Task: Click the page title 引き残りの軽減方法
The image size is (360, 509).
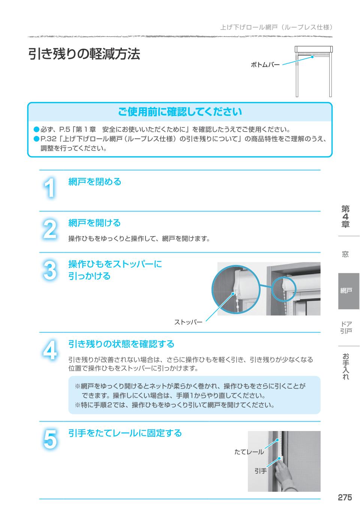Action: pos(84,54)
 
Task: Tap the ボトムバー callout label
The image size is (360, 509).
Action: pos(265,65)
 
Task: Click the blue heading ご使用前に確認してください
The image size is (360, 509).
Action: pos(180,112)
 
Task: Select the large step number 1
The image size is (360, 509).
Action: pos(49,187)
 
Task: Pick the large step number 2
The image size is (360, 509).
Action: pos(49,229)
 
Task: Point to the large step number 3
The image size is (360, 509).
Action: pos(49,270)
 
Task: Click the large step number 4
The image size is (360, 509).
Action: pos(49,350)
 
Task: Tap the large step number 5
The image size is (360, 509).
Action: pos(50,439)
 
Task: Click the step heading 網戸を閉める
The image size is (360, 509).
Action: pos(95,181)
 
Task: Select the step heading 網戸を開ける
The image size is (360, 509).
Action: pos(94,223)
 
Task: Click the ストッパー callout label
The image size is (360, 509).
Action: pos(188,322)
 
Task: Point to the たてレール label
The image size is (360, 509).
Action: pos(249,452)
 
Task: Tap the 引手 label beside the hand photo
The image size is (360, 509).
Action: pos(261,471)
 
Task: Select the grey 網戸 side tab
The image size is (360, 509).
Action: pos(349,291)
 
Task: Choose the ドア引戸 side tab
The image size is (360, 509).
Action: pos(346,328)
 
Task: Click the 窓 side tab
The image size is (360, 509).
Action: pos(345,254)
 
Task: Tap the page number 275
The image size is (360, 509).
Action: pos(345,497)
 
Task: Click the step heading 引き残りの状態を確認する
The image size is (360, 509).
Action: pos(121,344)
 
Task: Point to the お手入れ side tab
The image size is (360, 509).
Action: pos(345,366)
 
